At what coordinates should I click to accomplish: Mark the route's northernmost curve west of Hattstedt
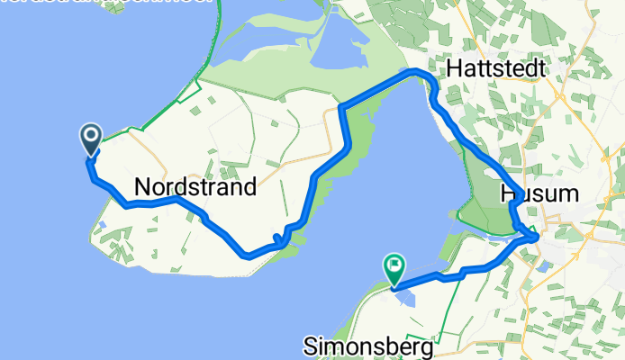[x=414, y=71]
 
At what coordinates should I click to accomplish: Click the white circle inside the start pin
[x=91, y=137]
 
